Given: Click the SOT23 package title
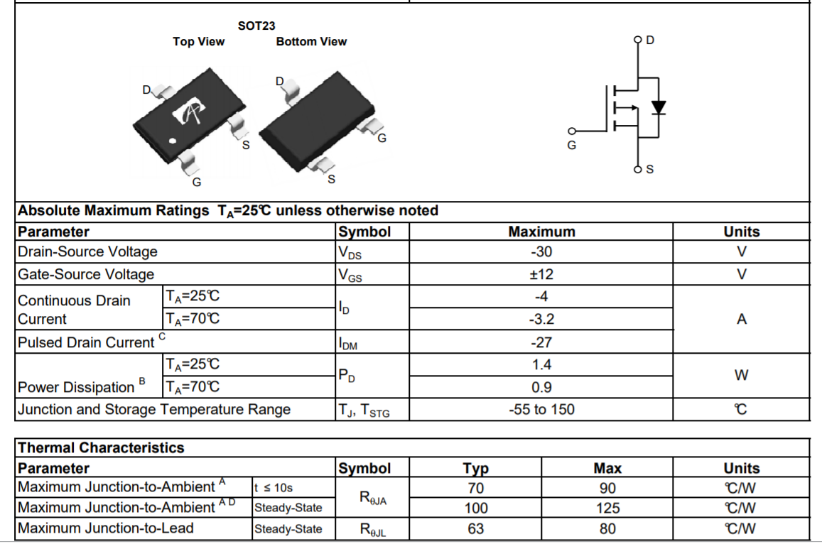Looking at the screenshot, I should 256,26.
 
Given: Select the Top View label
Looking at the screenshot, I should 198,42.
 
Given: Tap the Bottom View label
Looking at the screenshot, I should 311,42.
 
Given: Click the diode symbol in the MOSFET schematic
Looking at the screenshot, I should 659,108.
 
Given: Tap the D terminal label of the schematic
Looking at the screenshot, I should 650,40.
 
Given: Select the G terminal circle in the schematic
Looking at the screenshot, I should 570,131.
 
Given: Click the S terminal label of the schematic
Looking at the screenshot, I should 650,170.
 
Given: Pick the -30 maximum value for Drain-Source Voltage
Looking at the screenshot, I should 541,252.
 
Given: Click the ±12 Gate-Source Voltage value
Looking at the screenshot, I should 541,275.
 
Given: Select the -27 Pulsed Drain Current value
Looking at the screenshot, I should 541,342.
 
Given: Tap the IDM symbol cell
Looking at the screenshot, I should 348,344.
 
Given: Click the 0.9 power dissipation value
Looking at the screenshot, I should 541,388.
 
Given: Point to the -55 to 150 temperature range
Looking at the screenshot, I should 541,410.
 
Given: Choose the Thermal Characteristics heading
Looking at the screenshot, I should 100,448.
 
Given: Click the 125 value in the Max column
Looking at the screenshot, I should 607,508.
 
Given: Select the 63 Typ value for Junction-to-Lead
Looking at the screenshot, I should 475,529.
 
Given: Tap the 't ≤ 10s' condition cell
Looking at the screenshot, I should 273,488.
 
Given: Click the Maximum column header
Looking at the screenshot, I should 541,232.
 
